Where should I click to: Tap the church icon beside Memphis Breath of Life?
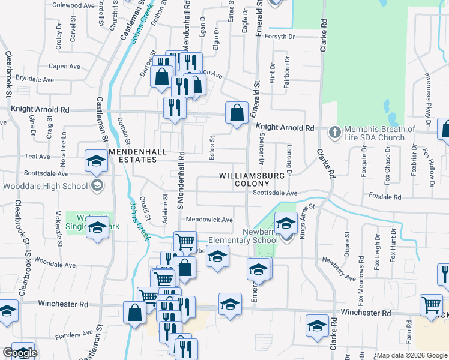pyautogui.click(x=334, y=130)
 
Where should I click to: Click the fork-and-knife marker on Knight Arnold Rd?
pyautogui.click(x=175, y=107)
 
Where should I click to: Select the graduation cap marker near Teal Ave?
pyautogui.click(x=95, y=161)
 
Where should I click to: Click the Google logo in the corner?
pyautogui.click(x=20, y=353)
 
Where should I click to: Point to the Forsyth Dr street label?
pyautogui.click(x=282, y=37)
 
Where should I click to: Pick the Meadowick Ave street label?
pyautogui.click(x=209, y=220)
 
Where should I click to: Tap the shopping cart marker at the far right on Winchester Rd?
pyautogui.click(x=431, y=305)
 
